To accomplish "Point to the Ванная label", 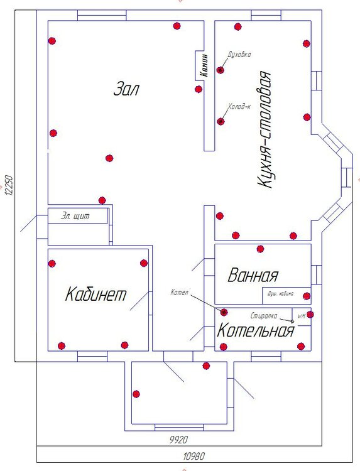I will (x=253, y=275).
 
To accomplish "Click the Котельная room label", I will (x=256, y=331).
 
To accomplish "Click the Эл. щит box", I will (x=76, y=217).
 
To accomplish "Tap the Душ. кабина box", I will (x=285, y=295).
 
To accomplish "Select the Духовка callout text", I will (x=240, y=55).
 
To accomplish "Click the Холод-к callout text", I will (x=239, y=107).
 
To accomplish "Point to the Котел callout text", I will (x=180, y=292).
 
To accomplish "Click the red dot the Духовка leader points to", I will (x=221, y=70).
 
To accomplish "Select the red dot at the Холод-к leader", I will (x=221, y=121).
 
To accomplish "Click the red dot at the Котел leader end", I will (x=224, y=311).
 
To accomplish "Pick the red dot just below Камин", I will (x=199, y=89).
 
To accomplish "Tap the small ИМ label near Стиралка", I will (x=300, y=315).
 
